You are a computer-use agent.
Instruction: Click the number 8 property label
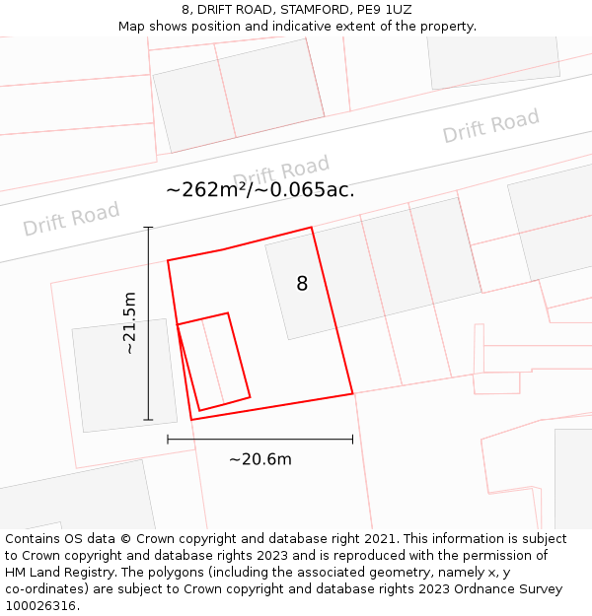pos(302,284)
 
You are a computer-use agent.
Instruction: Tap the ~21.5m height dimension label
pos(130,323)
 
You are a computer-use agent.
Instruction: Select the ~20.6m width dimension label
pos(260,459)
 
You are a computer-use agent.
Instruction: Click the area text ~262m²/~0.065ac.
pos(260,189)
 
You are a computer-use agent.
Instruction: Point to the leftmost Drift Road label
pos(71,219)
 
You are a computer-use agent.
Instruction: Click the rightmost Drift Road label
pos(490,126)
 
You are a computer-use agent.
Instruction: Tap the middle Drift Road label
pos(281,172)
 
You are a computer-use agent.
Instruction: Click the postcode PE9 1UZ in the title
pos(385,10)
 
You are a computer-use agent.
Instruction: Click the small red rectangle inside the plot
pos(213,362)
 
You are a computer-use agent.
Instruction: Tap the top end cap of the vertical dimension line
pos(149,228)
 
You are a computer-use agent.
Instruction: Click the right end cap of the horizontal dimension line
pos(352,440)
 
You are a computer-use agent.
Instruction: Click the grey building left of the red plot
pos(124,375)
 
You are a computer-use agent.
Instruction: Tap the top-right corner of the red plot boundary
pos(312,229)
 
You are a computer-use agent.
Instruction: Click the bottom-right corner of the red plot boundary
pos(352,394)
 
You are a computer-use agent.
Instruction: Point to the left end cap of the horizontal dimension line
pos(168,440)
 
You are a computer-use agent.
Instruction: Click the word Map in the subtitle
pos(133,27)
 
